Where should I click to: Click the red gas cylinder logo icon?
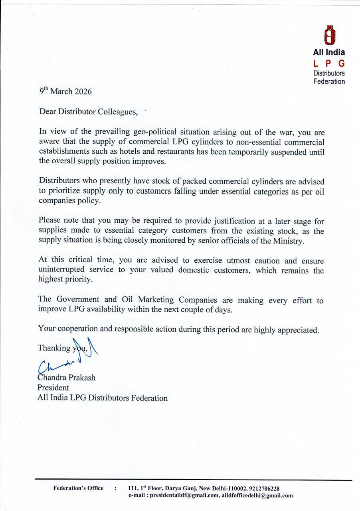(329, 36)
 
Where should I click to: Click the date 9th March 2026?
(65, 91)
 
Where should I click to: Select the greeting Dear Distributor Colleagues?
(88, 112)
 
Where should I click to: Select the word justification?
(236, 221)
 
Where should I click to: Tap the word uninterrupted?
(62, 270)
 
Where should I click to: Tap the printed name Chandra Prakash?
(66, 377)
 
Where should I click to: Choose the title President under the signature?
(53, 388)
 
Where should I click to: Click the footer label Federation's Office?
(78, 488)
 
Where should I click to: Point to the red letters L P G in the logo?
(329, 63)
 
